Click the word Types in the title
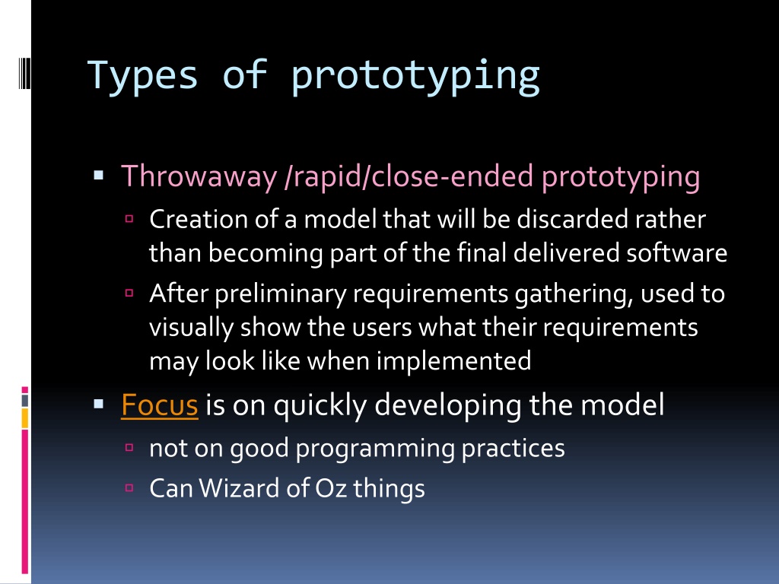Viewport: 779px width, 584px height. (142, 76)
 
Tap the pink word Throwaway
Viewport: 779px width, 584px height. (199, 176)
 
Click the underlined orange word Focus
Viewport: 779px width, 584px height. (160, 405)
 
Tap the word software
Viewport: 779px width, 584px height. (676, 252)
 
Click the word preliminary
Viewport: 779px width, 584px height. (280, 294)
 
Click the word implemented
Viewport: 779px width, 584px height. (453, 361)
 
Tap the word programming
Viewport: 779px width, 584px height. (375, 449)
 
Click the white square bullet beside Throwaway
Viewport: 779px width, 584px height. (98, 175)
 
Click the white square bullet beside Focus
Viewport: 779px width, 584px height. (98, 404)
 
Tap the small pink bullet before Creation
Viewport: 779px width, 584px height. (129, 218)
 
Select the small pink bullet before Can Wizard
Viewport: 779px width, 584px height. (129, 487)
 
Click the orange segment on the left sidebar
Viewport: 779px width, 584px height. (25, 417)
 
